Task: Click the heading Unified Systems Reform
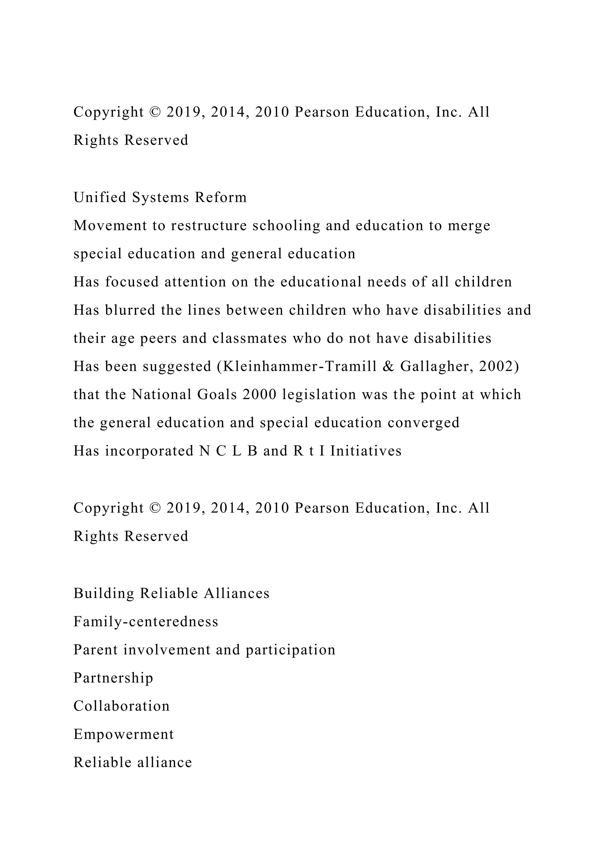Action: (160, 197)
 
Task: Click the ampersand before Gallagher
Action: (389, 366)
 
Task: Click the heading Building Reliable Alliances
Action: (171, 593)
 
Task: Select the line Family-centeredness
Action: (146, 622)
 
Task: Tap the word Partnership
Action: (113, 678)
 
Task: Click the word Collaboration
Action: (122, 706)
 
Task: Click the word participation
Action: (290, 650)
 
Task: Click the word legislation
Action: (319, 395)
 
